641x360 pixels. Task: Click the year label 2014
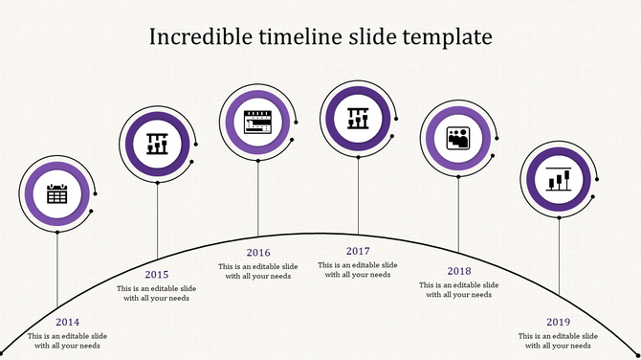pos(68,323)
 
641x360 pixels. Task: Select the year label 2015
pos(157,275)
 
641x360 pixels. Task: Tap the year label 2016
pos(258,253)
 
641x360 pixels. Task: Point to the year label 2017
pos(359,251)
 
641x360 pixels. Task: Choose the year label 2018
pos(459,271)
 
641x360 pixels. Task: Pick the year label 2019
pos(559,323)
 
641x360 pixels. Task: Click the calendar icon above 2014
pos(57,194)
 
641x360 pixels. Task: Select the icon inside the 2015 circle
pos(158,145)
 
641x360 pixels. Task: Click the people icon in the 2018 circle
pos(458,139)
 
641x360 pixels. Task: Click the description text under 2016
pos(258,271)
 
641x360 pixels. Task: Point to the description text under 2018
pos(459,289)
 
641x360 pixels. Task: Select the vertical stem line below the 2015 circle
pos(158,220)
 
